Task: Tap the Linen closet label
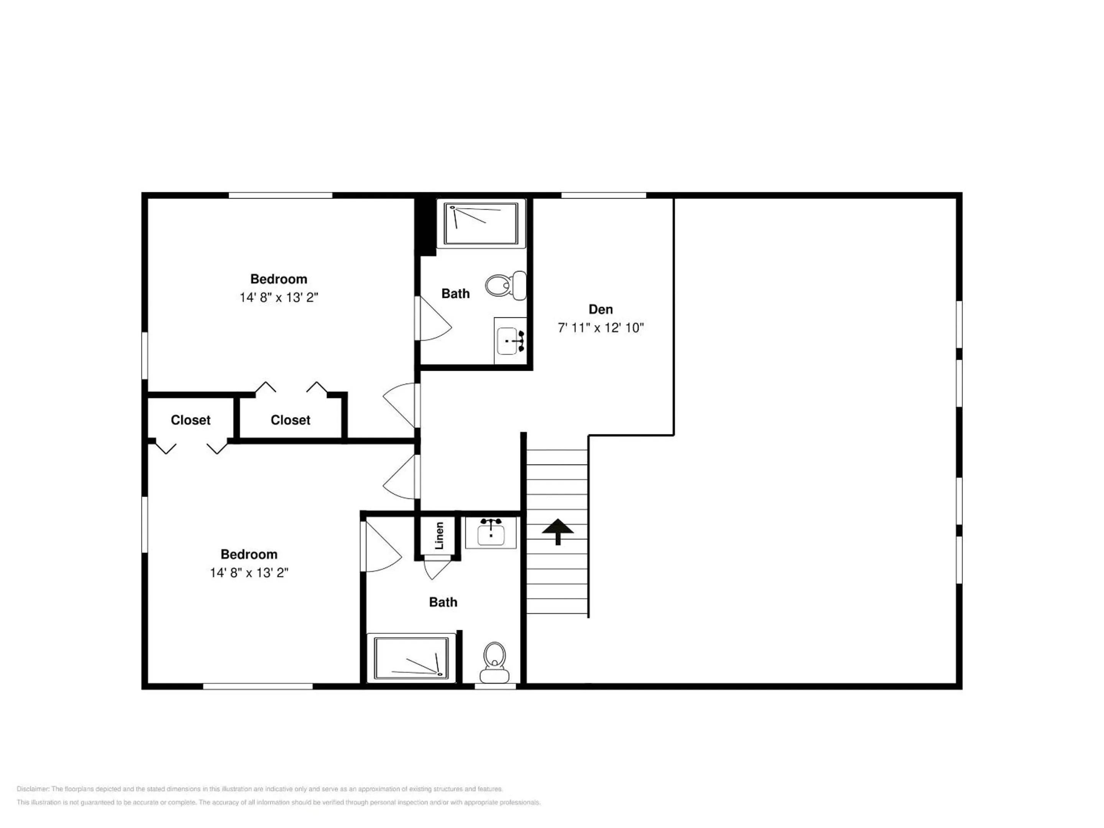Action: (439, 536)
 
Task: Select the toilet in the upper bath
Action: (506, 286)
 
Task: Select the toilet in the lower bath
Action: (494, 662)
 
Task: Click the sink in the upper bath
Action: (510, 341)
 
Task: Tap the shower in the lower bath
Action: (411, 658)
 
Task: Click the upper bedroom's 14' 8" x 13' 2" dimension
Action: (279, 297)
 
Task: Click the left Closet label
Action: (191, 420)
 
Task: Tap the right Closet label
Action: (291, 420)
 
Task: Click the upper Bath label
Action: (456, 294)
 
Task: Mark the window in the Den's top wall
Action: (603, 195)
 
